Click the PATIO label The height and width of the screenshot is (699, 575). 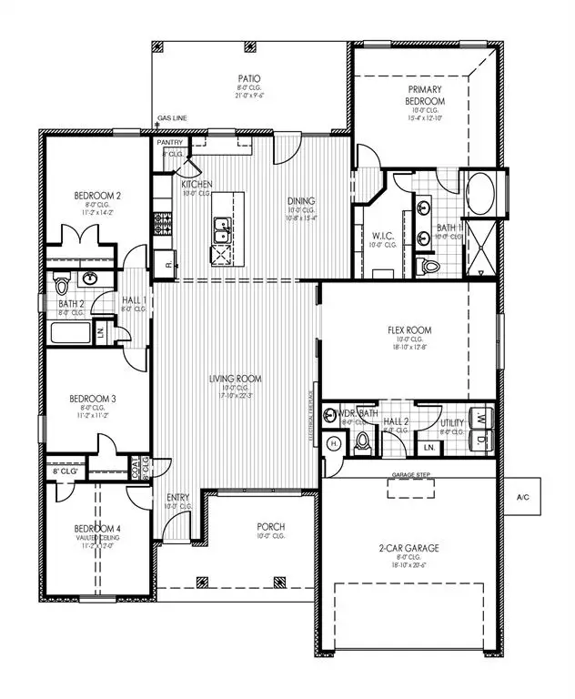[248, 80]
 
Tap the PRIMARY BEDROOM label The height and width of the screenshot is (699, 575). [424, 96]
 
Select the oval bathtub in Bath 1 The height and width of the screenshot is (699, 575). [479, 194]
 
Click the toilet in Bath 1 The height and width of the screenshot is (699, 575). [430, 266]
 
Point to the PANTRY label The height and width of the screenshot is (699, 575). [170, 143]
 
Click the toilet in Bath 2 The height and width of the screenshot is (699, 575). [62, 278]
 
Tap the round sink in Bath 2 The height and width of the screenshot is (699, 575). [90, 278]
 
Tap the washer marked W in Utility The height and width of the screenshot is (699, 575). [479, 420]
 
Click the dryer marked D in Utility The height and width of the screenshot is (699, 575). [479, 438]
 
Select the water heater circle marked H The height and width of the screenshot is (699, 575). [334, 443]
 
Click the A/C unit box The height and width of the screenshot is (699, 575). [522, 497]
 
